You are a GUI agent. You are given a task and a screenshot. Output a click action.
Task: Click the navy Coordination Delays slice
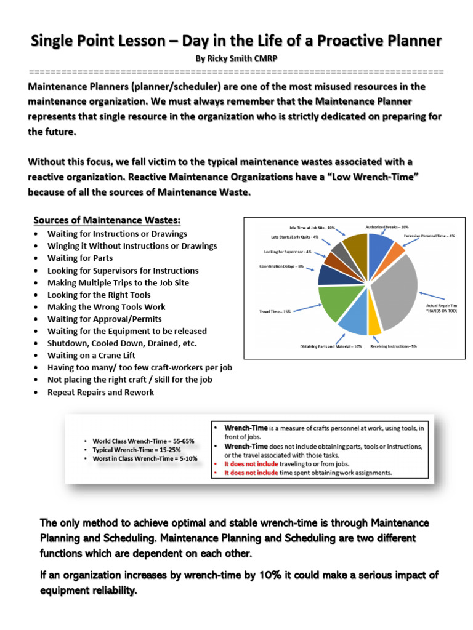[x=328, y=274]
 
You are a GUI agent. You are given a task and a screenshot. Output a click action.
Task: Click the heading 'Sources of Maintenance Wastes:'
[x=107, y=220]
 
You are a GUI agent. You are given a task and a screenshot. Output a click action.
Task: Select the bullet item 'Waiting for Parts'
[x=80, y=258]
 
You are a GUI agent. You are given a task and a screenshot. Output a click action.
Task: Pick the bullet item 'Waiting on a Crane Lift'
[x=91, y=356]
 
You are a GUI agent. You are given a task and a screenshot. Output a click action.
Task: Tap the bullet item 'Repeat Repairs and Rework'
[x=100, y=392]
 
